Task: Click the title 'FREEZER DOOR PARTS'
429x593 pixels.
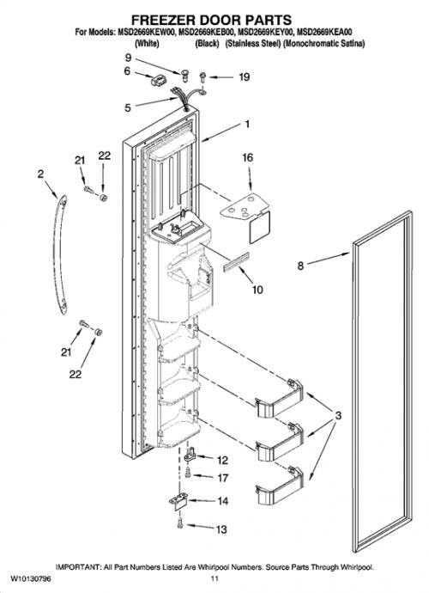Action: point(211,20)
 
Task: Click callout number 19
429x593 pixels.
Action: point(245,77)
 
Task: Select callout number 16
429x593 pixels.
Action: point(247,157)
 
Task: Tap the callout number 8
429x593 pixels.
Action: point(300,266)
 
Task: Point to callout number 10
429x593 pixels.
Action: point(257,290)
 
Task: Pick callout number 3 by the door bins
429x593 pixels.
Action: point(338,415)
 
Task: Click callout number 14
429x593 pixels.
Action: point(223,501)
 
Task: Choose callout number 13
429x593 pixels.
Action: point(221,529)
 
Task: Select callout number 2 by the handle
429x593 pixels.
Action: point(40,174)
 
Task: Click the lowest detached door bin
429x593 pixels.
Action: point(280,486)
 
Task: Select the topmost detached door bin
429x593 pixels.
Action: point(280,399)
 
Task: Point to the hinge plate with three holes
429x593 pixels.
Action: point(244,207)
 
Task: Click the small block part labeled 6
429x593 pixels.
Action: point(159,81)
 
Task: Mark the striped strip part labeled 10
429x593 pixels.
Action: point(236,262)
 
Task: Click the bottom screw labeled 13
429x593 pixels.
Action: point(180,523)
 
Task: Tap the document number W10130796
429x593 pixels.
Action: point(31,579)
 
